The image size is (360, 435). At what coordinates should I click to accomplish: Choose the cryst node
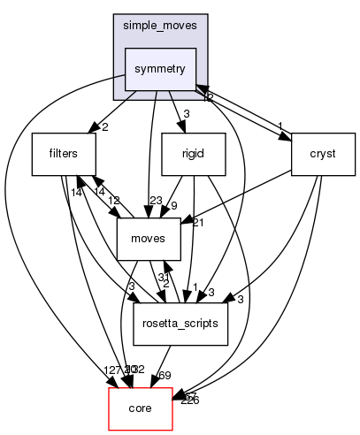tap(323, 154)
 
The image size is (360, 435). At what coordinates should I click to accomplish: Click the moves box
tap(149, 239)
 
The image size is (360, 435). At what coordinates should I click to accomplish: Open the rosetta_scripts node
tap(182, 324)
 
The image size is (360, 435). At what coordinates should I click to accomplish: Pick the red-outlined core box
tap(140, 408)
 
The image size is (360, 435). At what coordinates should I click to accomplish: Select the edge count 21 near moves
tap(198, 222)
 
